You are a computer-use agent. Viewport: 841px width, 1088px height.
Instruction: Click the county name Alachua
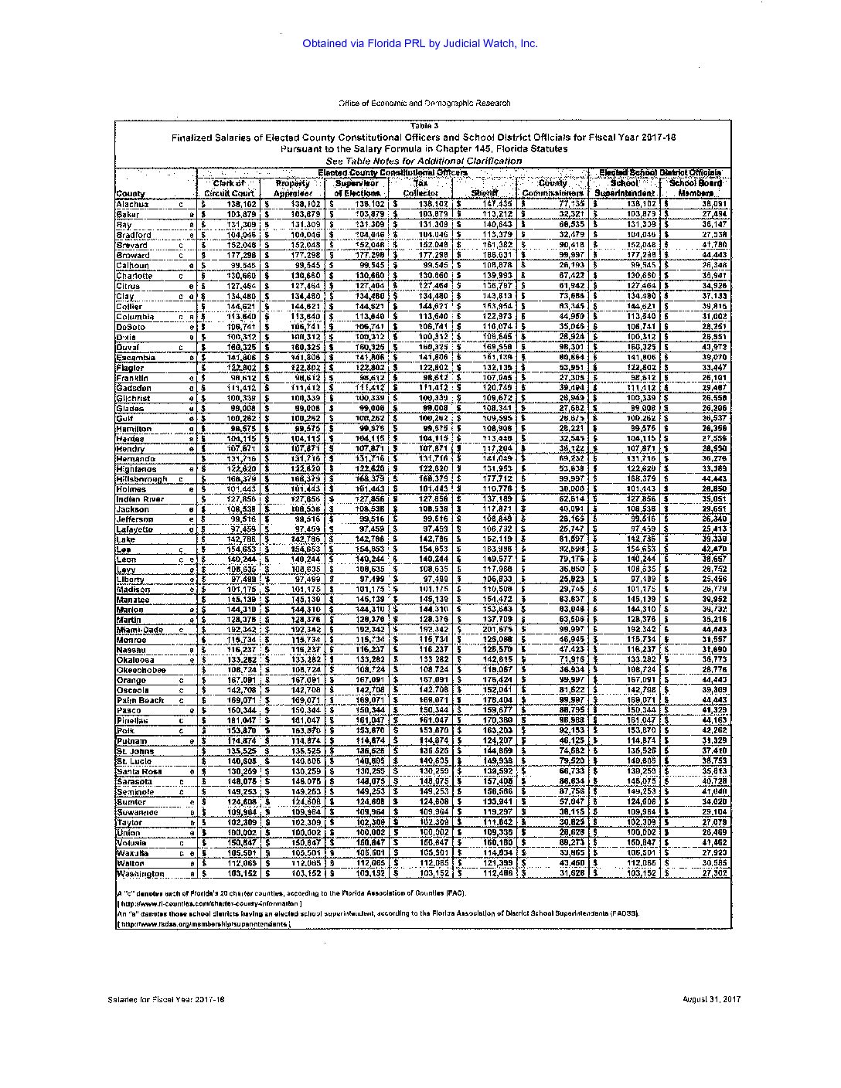132,204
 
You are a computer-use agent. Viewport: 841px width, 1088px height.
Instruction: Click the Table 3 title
424,126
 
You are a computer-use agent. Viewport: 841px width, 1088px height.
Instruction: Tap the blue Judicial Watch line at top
420,44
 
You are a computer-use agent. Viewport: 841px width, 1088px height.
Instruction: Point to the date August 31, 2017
712,999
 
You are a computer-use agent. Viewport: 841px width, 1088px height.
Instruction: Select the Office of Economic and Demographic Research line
424,103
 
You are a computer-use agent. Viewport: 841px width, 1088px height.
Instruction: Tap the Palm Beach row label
140,700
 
